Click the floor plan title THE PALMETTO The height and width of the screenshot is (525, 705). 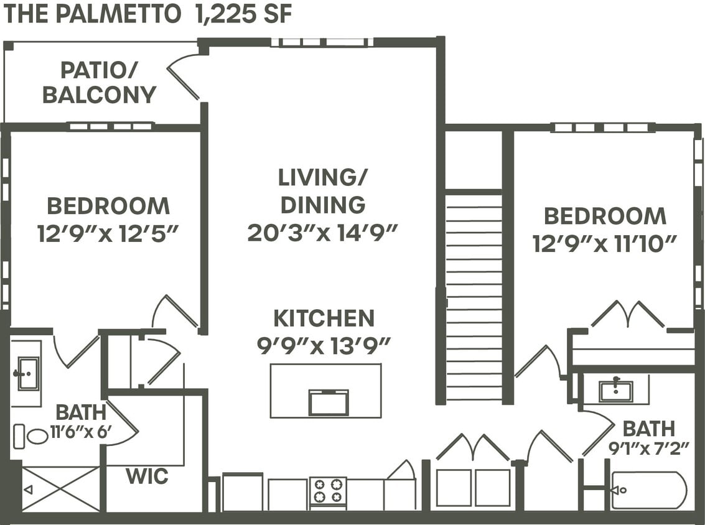(92, 14)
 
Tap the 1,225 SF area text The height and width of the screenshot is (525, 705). (243, 14)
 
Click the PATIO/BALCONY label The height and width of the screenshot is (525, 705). (99, 83)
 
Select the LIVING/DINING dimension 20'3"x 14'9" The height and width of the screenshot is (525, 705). (322, 233)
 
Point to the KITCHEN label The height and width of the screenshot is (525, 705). (324, 318)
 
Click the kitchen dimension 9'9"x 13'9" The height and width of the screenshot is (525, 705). (324, 345)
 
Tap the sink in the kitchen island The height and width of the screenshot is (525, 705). (329, 402)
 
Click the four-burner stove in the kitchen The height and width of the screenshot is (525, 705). (328, 490)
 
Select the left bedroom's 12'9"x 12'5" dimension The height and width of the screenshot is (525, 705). (108, 233)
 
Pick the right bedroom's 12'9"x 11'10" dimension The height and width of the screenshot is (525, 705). (604, 243)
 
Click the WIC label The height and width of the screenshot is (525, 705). (147, 476)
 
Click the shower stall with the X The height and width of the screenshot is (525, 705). (60, 489)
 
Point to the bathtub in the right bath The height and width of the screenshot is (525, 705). (649, 490)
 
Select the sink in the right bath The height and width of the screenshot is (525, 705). (615, 390)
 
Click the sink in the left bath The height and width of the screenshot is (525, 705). (27, 373)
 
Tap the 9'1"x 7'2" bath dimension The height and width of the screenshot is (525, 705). (648, 448)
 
